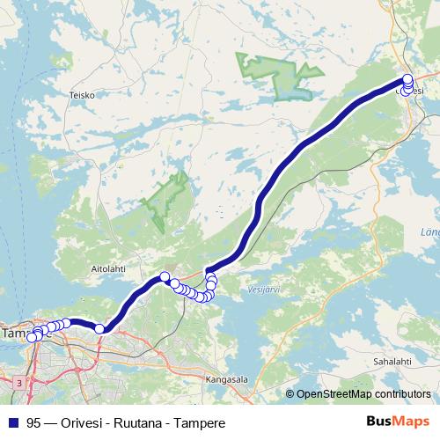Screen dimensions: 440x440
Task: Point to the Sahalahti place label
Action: (392, 362)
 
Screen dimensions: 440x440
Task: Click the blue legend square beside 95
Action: (12, 422)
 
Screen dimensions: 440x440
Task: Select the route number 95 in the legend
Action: (34, 422)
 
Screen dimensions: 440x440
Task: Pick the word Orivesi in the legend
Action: (86, 422)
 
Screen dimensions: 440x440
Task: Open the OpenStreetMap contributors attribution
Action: (363, 393)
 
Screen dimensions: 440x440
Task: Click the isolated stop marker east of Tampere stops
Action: (100, 328)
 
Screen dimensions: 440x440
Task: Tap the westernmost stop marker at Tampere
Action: (32, 337)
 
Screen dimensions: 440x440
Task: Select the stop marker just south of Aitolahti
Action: (165, 277)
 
